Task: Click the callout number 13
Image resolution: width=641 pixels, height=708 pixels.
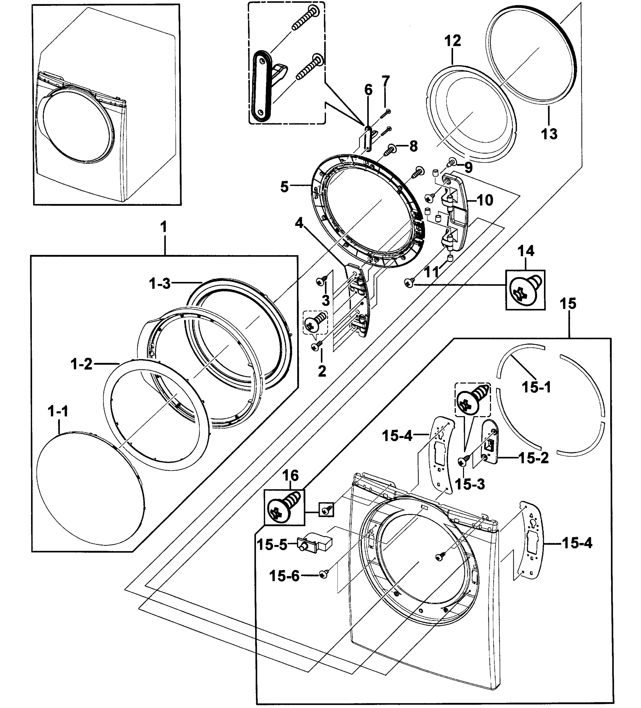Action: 549,134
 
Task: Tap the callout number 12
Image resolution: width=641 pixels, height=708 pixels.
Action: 453,41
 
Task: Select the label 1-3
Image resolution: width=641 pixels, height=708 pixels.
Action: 160,283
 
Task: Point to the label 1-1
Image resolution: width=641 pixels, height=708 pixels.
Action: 58,411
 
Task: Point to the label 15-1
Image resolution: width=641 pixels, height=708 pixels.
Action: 536,387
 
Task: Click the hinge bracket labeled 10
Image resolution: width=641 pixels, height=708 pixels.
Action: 455,211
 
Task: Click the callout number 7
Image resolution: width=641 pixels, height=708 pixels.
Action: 386,81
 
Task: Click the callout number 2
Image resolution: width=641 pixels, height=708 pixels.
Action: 322,371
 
